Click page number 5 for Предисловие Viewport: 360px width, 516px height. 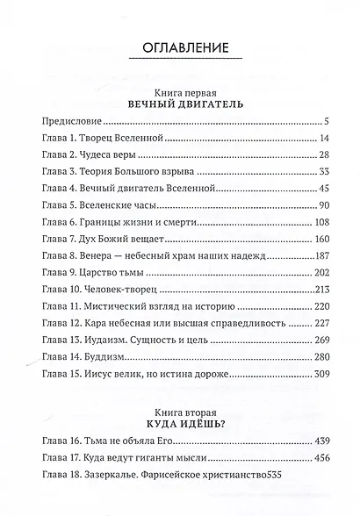[x=325, y=121]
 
